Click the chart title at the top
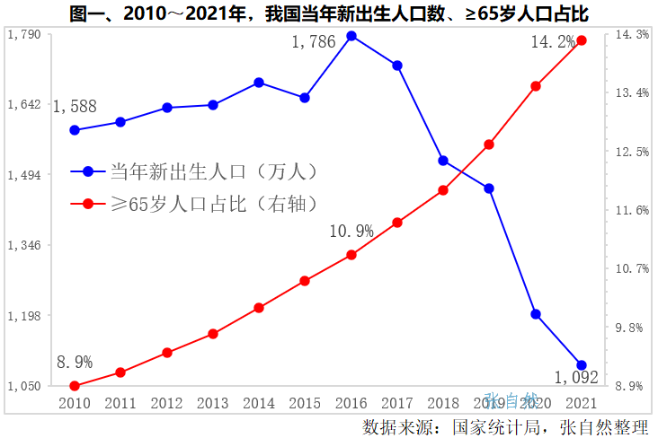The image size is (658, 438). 328,13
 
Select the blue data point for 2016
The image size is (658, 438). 351,36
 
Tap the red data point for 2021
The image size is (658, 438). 582,40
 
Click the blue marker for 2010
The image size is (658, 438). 75,130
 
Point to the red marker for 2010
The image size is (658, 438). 75,386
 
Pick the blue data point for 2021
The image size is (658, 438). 582,365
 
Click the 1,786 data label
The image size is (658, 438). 314,40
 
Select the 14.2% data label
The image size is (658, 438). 553,41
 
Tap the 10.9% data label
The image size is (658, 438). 351,232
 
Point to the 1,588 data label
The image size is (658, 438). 75,107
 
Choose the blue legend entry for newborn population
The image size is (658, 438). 198,171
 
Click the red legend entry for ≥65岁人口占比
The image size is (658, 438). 198,204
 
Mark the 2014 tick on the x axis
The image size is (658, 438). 259,404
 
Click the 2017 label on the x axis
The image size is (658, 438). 397,404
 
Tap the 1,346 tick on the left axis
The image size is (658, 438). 23,245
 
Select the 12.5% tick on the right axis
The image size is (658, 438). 631,152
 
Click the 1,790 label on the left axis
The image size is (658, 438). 23,34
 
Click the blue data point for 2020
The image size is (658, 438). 536,314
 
